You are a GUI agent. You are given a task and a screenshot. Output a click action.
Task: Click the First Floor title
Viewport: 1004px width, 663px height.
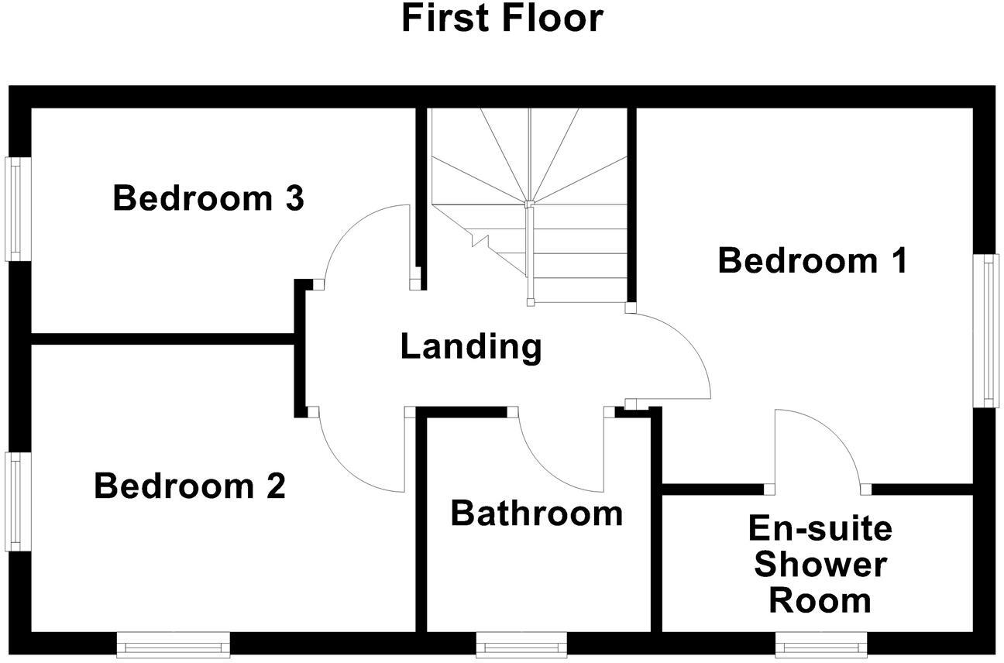503,18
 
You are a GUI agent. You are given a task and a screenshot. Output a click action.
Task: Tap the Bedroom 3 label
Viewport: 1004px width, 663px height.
208,198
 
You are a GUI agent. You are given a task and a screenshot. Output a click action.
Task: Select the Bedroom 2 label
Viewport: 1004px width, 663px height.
190,486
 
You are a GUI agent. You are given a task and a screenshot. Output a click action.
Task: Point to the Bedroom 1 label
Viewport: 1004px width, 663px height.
813,260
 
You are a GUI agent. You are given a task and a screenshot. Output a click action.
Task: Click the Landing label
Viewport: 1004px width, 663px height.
471,347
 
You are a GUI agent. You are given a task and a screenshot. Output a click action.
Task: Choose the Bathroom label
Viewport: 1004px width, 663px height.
537,514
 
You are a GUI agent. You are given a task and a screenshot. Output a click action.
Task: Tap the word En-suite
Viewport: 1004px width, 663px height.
820,528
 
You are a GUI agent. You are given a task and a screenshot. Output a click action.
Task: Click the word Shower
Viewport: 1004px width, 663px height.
820,565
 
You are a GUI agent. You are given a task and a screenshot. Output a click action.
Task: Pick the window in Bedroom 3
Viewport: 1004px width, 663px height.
18,209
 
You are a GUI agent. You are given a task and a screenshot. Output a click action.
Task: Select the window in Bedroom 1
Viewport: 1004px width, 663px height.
985,331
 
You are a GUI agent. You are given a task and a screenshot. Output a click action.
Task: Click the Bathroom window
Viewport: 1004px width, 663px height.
521,645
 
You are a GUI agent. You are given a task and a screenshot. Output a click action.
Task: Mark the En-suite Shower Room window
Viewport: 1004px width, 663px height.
821,645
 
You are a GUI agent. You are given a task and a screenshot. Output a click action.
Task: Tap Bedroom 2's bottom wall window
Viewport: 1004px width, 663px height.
173,645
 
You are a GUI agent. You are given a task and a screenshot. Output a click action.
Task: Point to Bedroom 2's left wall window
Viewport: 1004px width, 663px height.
18,502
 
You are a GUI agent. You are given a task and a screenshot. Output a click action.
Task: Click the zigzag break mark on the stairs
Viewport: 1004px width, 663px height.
480,240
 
